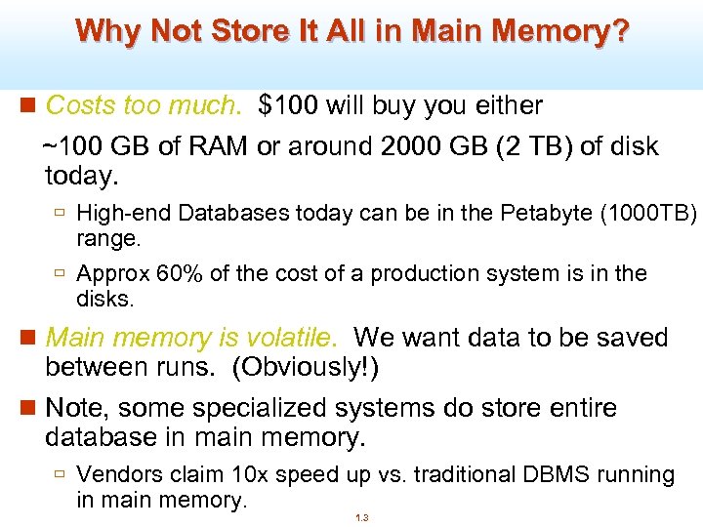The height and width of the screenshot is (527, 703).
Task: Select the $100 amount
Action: coord(289,104)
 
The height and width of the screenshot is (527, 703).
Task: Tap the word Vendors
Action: coord(116,475)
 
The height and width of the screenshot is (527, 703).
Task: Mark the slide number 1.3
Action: coord(361,518)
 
